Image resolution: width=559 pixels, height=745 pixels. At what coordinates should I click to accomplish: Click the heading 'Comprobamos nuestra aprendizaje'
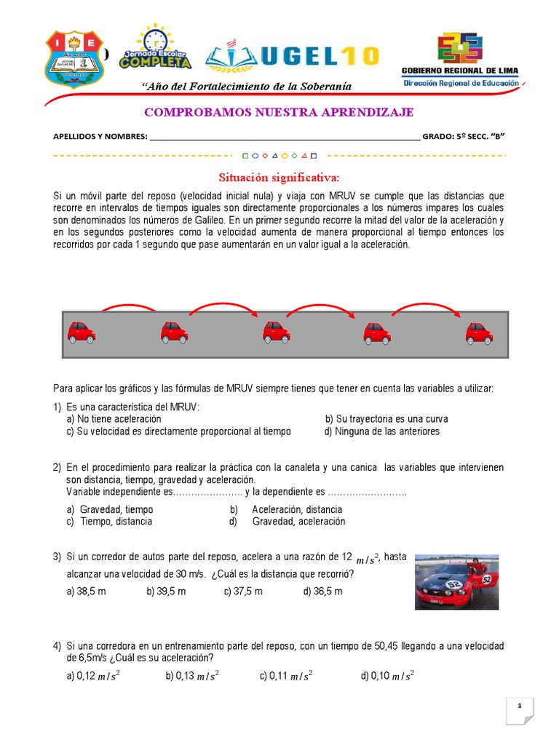coord(279,111)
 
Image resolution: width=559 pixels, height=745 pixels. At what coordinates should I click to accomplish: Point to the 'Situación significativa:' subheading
coord(279,178)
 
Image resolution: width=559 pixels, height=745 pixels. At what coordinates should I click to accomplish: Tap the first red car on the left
coord(81,334)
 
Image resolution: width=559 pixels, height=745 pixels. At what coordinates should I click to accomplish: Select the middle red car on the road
coord(276,334)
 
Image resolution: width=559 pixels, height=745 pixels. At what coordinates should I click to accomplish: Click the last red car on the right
coord(480,334)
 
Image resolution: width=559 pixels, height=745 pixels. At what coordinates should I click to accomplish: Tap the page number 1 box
coord(520,708)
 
